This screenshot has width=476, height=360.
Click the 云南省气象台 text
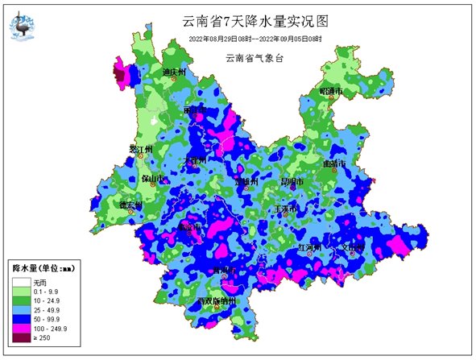point(255,57)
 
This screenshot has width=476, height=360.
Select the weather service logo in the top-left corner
point(24,25)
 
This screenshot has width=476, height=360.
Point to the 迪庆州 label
point(175,72)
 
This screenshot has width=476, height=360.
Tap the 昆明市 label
point(291,183)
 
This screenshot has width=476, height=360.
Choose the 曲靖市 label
point(334,163)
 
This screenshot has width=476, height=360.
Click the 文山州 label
point(353,247)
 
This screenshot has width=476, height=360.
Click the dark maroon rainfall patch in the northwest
point(120,77)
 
